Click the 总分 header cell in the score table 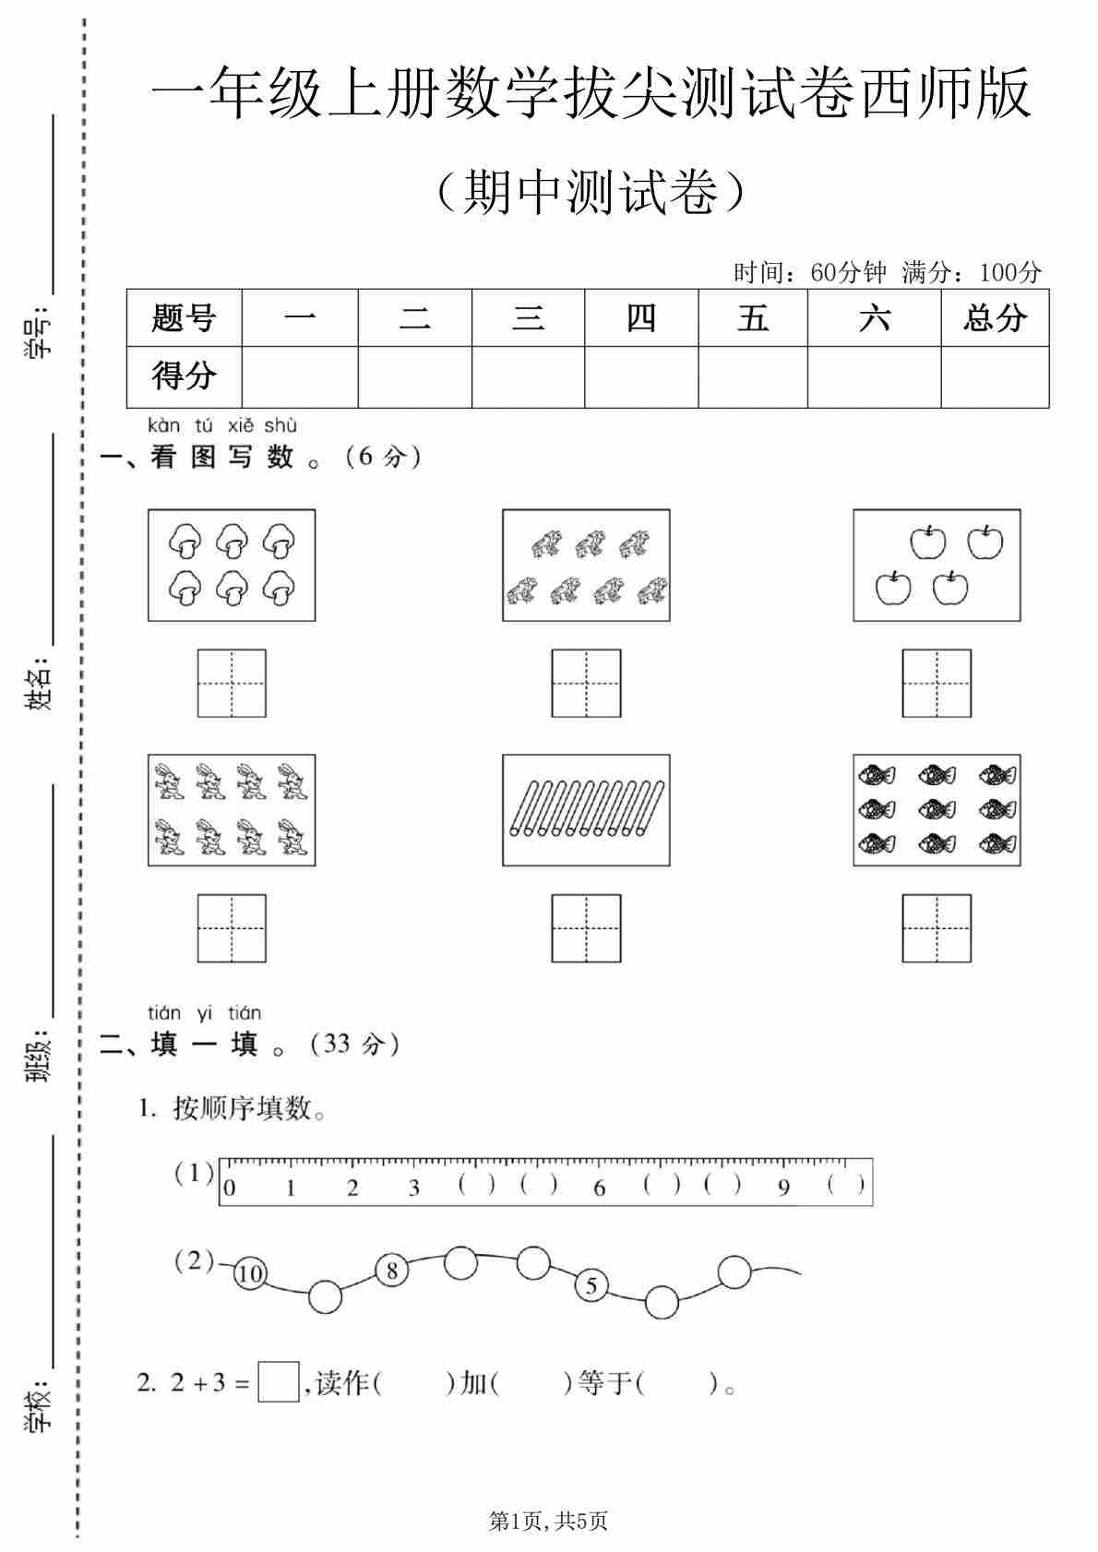tap(995, 318)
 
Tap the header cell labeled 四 tap(641, 318)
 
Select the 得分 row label tap(184, 376)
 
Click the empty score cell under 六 tap(874, 376)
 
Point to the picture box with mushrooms tap(232, 565)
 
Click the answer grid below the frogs tap(586, 684)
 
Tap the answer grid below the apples tap(937, 684)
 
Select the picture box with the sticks tap(586, 810)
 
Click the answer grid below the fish tap(937, 928)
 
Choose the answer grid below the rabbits tap(232, 928)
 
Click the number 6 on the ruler tap(600, 1188)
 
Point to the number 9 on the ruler tap(783, 1188)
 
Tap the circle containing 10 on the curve tap(249, 1274)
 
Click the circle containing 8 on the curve tap(391, 1271)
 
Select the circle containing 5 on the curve tap(591, 1285)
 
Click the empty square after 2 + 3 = tap(278, 1382)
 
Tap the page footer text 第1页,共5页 tap(548, 1521)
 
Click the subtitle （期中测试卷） tap(591, 192)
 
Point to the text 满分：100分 tap(972, 272)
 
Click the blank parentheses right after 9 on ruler tap(846, 1185)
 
